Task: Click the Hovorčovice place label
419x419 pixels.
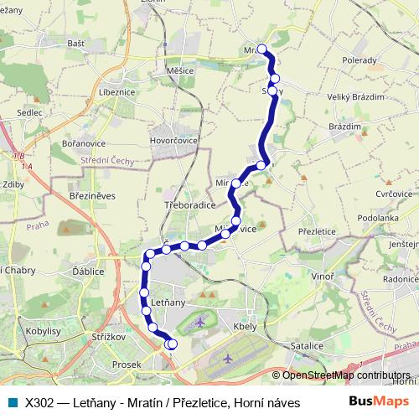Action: (174, 140)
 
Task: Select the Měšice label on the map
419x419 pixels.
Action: (180, 70)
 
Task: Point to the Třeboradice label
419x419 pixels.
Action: (189, 204)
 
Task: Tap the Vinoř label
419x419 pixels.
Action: (322, 276)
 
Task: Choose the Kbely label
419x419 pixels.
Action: (246, 326)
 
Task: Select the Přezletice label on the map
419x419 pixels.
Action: (317, 230)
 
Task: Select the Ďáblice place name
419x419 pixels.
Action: (88, 272)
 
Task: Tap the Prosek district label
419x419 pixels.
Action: (127, 365)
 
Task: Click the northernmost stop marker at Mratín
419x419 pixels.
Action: (262, 49)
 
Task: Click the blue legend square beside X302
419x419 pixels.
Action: (11, 402)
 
